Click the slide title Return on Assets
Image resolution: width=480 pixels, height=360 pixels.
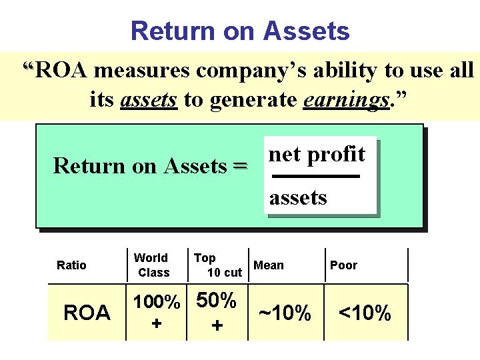tap(240, 31)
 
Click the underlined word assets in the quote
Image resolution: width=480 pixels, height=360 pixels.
tap(149, 100)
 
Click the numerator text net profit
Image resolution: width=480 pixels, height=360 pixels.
tap(317, 155)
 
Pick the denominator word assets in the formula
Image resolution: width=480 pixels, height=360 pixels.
tap(298, 197)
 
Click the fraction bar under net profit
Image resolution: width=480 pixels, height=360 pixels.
tap(317, 177)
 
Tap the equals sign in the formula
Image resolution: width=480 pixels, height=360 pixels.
tap(240, 165)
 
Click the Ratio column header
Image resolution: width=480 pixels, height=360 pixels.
tap(71, 265)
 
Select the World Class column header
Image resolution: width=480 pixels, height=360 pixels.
tap(152, 265)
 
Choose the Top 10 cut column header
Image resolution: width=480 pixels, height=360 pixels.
tap(217, 265)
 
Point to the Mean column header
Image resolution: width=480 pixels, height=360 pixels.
tap(269, 265)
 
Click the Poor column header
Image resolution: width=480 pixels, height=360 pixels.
tap(343, 265)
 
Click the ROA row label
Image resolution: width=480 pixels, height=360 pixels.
tap(87, 313)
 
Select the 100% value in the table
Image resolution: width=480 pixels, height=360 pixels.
tap(157, 302)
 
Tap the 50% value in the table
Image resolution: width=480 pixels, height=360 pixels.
tap(216, 301)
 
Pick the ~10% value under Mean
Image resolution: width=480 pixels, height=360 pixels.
tap(285, 313)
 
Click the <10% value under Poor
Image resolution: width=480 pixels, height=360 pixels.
tap(365, 313)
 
